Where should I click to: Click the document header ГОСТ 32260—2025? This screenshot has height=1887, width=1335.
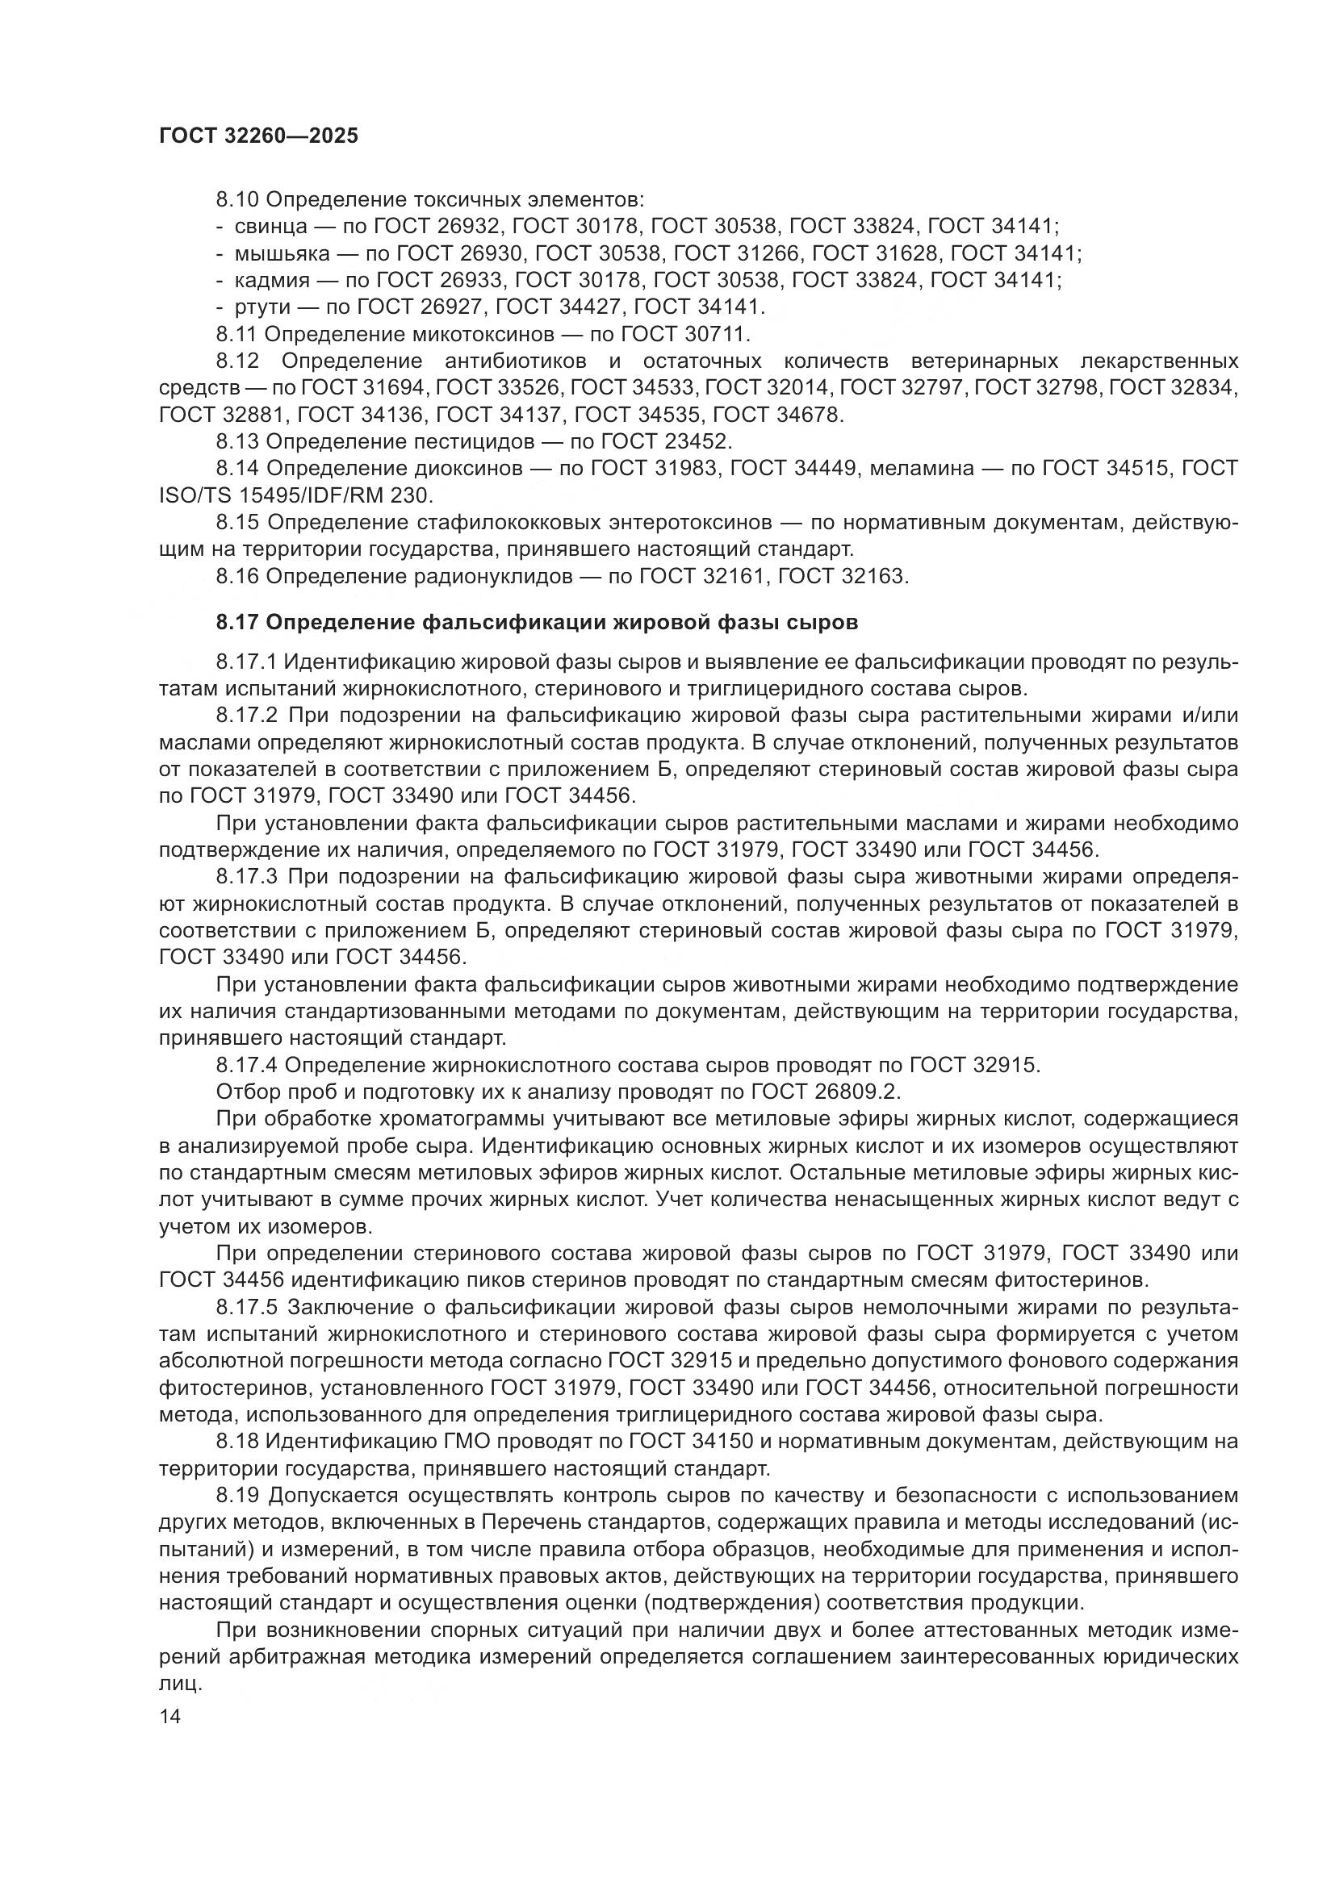tap(258, 136)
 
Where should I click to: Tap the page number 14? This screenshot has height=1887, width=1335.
tap(170, 1717)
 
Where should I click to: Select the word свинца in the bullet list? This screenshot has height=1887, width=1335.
tap(271, 226)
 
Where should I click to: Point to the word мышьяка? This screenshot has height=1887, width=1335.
tap(282, 253)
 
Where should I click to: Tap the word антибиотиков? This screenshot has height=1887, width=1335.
tap(516, 361)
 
